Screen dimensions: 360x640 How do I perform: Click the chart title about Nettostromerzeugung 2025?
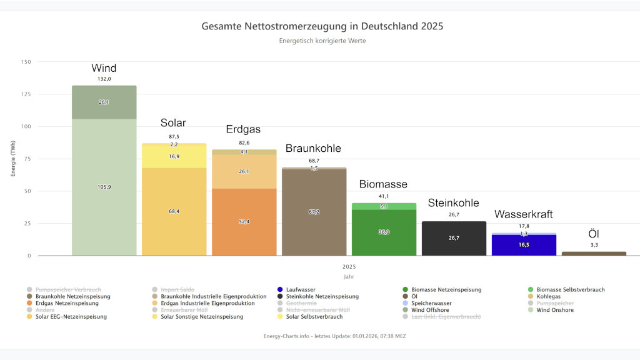(x=322, y=27)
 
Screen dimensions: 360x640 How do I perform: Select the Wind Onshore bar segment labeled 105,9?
(x=104, y=187)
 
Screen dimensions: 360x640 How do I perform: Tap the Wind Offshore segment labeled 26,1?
(x=104, y=102)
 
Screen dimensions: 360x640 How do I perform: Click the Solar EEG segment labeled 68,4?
(x=174, y=211)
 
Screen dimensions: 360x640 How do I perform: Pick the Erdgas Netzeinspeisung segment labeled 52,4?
(x=244, y=222)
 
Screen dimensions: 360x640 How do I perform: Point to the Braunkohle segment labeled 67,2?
(x=314, y=212)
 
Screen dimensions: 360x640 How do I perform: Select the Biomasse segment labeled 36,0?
(x=384, y=232)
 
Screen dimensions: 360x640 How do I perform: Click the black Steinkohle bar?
(x=454, y=238)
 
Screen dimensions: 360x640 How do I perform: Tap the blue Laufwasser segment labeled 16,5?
(x=524, y=245)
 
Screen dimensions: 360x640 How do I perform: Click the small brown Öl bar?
(x=594, y=253)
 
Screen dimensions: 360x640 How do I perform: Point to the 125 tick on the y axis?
(x=26, y=94)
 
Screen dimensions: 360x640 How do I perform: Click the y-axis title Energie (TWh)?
(x=13, y=159)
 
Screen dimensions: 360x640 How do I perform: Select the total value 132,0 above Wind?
(x=104, y=79)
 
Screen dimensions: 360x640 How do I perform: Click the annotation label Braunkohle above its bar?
(x=313, y=149)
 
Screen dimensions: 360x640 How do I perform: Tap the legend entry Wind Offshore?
(x=556, y=310)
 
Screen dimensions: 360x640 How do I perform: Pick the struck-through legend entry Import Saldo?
(x=177, y=289)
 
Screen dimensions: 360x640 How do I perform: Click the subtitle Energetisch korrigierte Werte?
(x=322, y=41)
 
